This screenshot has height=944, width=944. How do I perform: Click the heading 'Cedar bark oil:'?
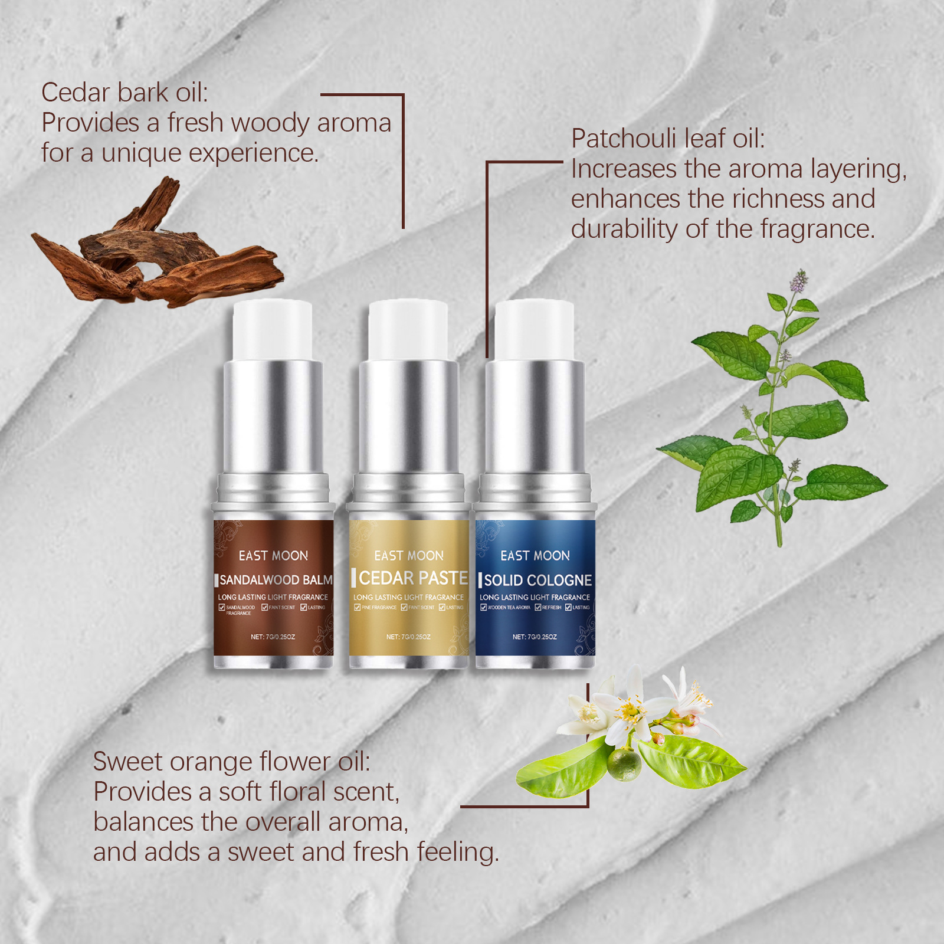click(124, 93)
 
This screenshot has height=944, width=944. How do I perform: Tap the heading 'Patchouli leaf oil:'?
click(667, 139)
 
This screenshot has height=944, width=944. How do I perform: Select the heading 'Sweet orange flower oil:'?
click(231, 762)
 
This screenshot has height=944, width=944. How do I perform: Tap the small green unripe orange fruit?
click(625, 764)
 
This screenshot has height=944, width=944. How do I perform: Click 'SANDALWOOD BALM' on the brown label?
click(276, 580)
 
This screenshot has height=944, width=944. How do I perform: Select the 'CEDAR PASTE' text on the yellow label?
click(413, 578)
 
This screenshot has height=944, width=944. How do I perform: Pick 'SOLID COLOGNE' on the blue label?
click(537, 581)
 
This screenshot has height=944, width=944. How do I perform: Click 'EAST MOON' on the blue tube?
click(535, 556)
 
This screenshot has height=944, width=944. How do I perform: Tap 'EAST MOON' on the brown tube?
click(273, 556)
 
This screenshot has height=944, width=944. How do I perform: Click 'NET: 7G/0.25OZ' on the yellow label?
click(408, 637)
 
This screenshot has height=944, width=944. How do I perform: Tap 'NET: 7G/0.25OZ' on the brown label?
click(273, 637)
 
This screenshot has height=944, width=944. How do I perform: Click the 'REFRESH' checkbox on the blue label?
click(538, 608)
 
